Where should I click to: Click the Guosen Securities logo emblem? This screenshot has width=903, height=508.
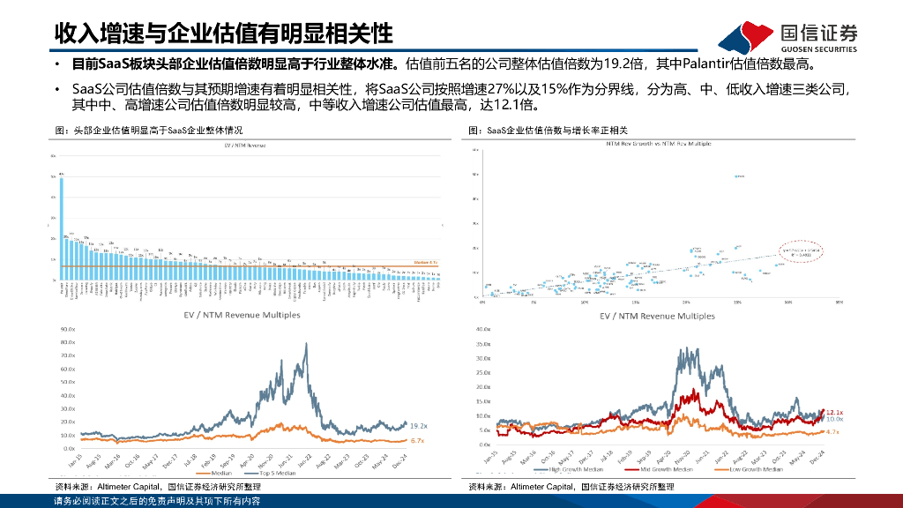coord(746,35)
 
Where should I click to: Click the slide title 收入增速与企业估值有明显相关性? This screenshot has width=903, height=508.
coord(223,34)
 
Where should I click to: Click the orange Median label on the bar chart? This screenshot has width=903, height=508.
coord(426,262)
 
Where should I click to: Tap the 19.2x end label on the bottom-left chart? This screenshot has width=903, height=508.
coord(418,425)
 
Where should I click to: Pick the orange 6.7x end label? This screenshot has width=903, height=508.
coord(418,440)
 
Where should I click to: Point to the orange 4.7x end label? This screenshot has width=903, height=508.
coord(832,432)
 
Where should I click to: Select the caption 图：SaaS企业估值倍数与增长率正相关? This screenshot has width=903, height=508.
coord(546,130)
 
